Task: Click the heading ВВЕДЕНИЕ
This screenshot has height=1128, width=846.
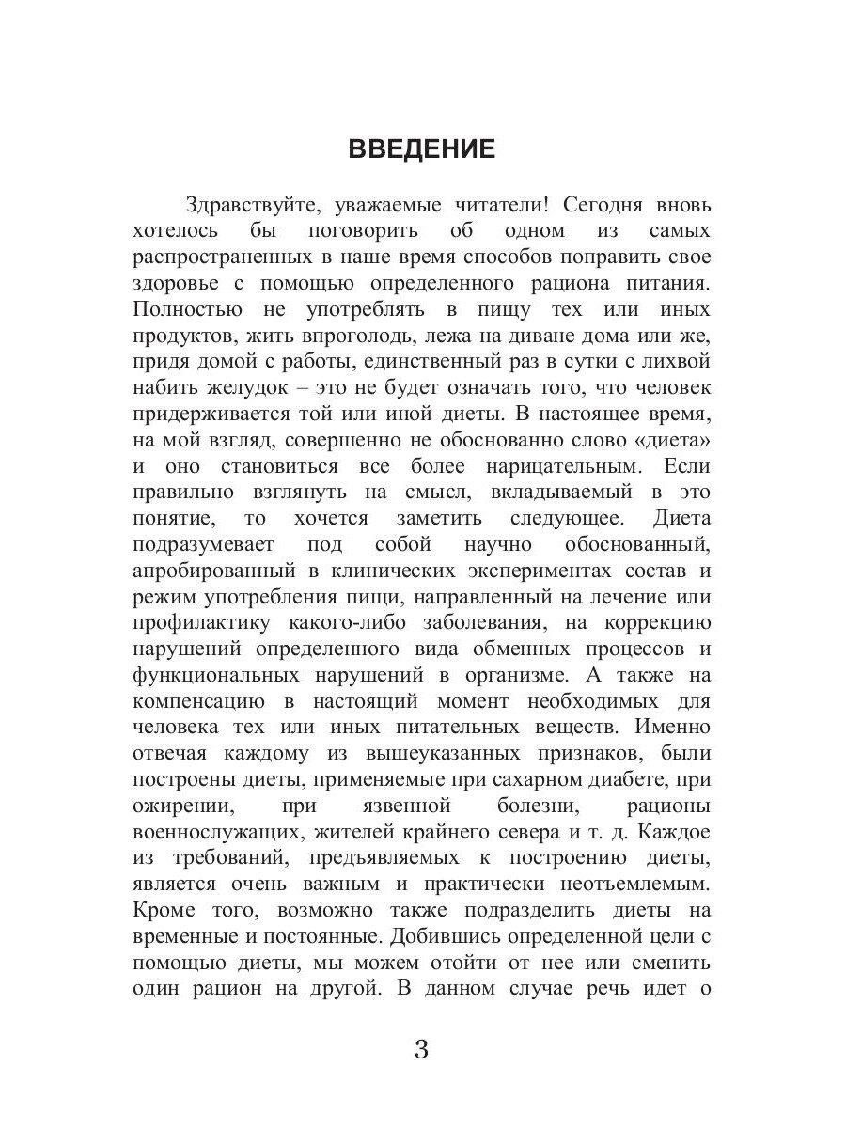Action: (421, 149)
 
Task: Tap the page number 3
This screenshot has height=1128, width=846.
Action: (421, 1049)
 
